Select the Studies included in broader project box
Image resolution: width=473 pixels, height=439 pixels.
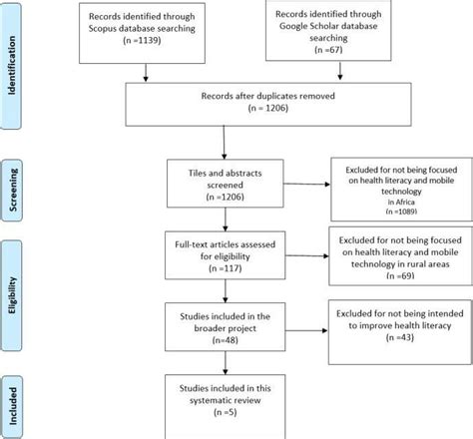point(229,328)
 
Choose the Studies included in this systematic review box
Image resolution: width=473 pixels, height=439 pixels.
point(229,399)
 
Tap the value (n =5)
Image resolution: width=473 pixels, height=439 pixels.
point(229,413)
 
